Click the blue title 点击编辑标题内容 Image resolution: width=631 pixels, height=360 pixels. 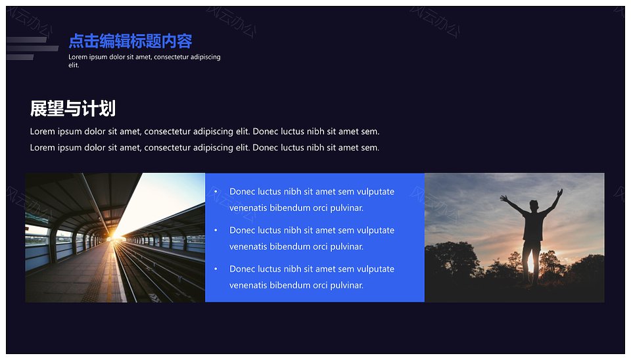(x=130, y=41)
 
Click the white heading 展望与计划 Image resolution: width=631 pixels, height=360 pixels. (x=73, y=108)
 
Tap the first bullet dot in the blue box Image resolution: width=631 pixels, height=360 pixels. (x=216, y=191)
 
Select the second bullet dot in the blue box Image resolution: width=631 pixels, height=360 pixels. (x=216, y=230)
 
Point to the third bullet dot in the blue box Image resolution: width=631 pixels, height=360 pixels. (x=216, y=269)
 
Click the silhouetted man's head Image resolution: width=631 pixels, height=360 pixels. (x=534, y=206)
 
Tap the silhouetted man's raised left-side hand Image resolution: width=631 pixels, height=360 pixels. (x=503, y=198)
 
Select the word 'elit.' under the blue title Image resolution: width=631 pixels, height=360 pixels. (x=74, y=65)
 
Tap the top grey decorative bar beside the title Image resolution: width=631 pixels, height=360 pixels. (x=26, y=39)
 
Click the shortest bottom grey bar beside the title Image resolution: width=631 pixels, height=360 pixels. (x=20, y=57)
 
